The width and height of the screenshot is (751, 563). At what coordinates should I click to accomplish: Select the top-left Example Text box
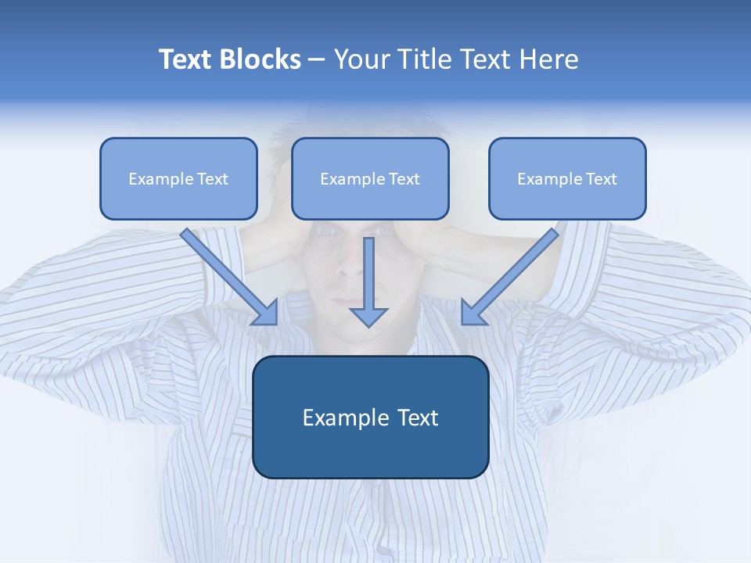pyautogui.click(x=178, y=178)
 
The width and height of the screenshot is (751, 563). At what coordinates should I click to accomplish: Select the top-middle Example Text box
pyautogui.click(x=370, y=178)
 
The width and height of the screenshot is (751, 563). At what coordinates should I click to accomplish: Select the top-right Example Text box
pyautogui.click(x=567, y=178)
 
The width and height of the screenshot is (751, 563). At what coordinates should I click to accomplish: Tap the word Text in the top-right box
pyautogui.click(x=602, y=179)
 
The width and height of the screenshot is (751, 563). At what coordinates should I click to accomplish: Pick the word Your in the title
pyautogui.click(x=360, y=59)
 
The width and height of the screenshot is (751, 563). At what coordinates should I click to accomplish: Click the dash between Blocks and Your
pyautogui.click(x=317, y=60)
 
